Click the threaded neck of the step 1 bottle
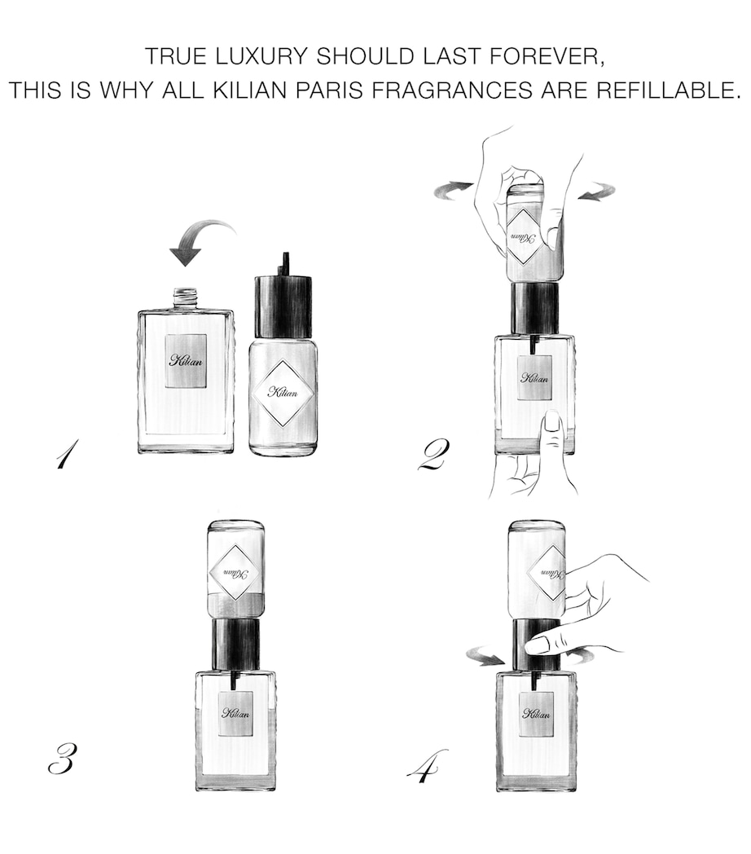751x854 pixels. (x=187, y=297)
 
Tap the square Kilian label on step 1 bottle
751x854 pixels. (x=187, y=361)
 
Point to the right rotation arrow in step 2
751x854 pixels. (x=598, y=193)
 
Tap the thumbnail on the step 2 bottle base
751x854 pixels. (x=552, y=421)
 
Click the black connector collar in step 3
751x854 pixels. (x=236, y=643)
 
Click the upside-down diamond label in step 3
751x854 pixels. (x=235, y=572)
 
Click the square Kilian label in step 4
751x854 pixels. (x=536, y=714)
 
